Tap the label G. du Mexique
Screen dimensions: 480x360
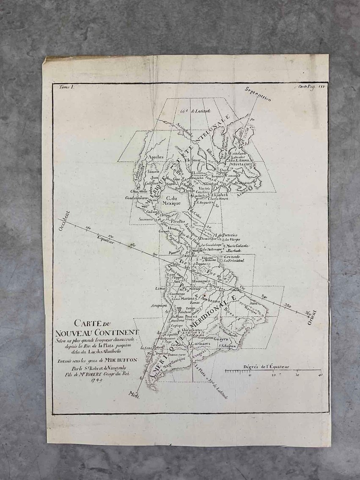click(171, 200)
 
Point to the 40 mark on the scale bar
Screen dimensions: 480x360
click(320, 375)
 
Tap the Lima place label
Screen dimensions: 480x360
click(160, 288)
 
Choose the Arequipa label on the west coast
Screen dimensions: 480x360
click(157, 305)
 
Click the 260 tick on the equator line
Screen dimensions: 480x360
click(89, 229)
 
